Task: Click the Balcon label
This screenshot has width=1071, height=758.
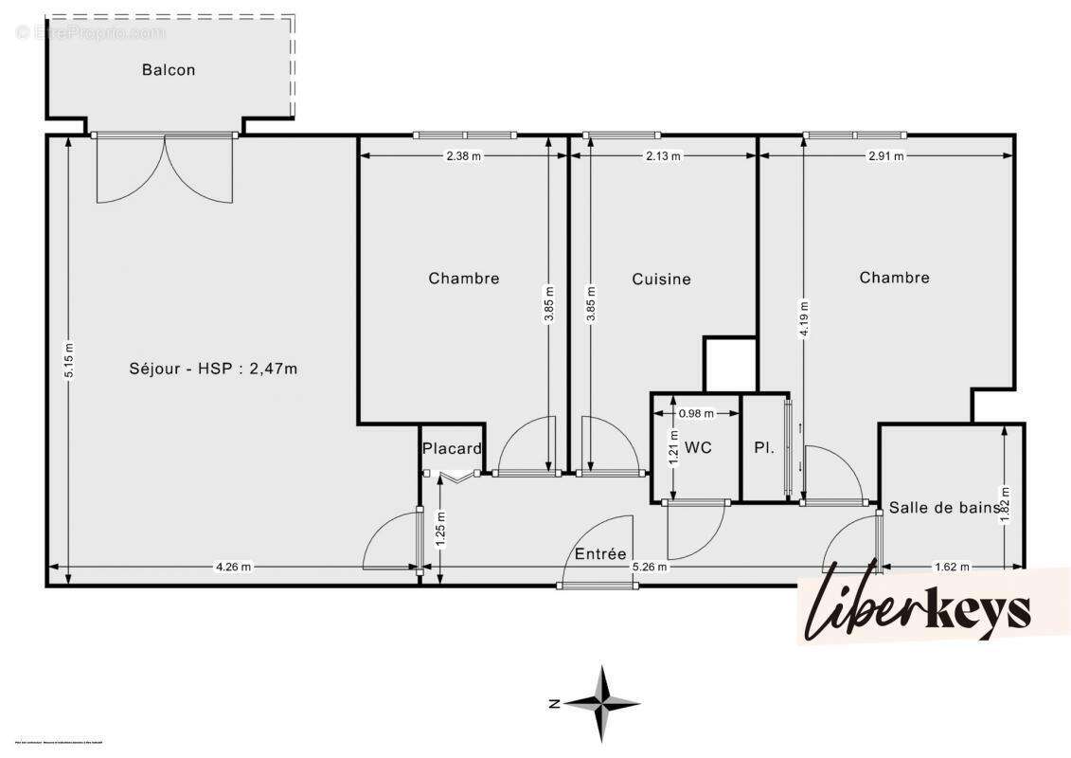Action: click(x=169, y=70)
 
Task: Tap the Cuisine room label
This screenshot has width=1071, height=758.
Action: click(x=661, y=280)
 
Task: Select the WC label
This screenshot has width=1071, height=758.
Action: click(x=698, y=447)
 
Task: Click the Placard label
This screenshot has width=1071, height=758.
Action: click(x=452, y=449)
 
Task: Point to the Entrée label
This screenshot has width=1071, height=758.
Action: click(x=600, y=554)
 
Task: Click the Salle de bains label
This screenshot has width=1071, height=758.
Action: click(x=944, y=508)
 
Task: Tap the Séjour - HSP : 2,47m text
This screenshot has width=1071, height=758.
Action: click(x=213, y=369)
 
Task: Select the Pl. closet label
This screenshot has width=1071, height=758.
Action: click(x=764, y=447)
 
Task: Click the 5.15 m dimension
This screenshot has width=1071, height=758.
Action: click(x=67, y=360)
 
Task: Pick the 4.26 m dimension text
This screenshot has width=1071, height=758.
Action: click(x=233, y=568)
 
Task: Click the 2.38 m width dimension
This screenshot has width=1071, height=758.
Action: click(x=463, y=156)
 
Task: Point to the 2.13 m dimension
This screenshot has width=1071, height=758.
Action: click(x=663, y=156)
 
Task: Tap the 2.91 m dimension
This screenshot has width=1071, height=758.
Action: click(x=885, y=156)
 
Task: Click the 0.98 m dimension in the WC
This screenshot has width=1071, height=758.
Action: click(x=696, y=413)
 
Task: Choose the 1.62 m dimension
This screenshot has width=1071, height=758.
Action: click(x=951, y=568)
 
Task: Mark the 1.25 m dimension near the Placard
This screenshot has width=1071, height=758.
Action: click(x=440, y=531)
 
